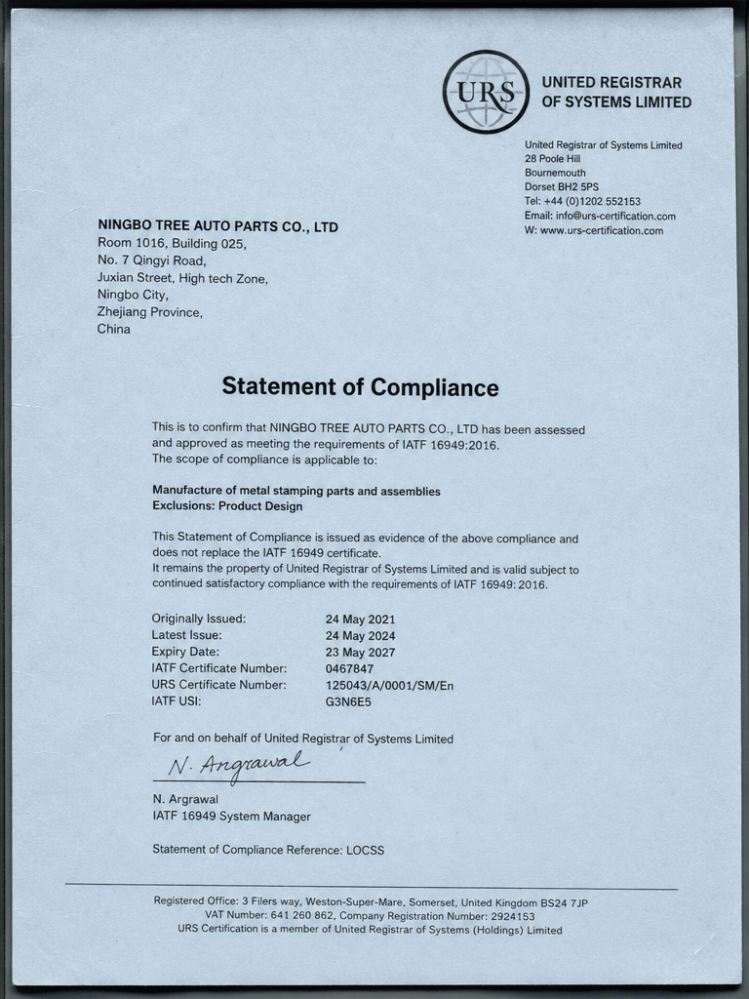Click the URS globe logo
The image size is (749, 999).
pyautogui.click(x=486, y=92)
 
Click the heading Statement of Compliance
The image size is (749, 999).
pyautogui.click(x=360, y=387)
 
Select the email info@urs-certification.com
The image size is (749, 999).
pyautogui.click(x=615, y=216)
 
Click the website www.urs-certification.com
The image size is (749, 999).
pyautogui.click(x=601, y=230)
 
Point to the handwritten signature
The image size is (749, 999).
pyautogui.click(x=239, y=765)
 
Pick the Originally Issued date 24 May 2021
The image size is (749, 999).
pyautogui.click(x=360, y=619)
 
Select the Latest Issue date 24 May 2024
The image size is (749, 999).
pyautogui.click(x=360, y=635)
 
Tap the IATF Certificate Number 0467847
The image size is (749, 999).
pyautogui.click(x=349, y=668)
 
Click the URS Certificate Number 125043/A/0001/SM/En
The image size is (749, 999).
pyautogui.click(x=389, y=685)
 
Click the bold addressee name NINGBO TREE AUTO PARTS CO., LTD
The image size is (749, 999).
pyautogui.click(x=217, y=226)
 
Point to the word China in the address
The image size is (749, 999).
pyautogui.click(x=113, y=329)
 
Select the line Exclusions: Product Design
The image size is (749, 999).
pyautogui.click(x=227, y=506)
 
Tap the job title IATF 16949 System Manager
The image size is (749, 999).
pyautogui.click(x=231, y=816)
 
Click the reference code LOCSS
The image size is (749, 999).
pyautogui.click(x=365, y=850)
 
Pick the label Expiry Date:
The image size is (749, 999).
pyautogui.click(x=185, y=652)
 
